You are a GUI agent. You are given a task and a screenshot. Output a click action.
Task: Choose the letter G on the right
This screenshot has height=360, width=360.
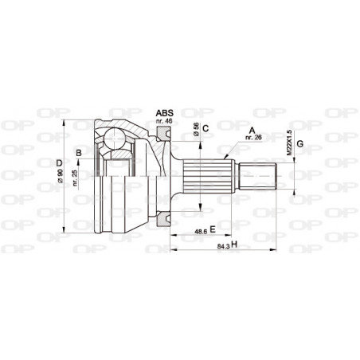click(x=299, y=144)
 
